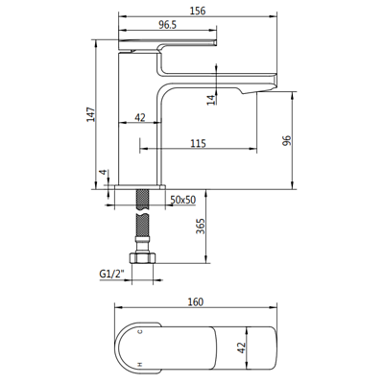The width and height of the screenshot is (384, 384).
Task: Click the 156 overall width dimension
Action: [198, 11]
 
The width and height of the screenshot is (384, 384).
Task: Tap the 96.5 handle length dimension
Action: [168, 25]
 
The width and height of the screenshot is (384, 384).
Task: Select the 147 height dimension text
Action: [91, 114]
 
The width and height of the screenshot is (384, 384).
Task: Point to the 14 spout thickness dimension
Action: [211, 100]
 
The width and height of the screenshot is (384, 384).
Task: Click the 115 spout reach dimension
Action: [198, 143]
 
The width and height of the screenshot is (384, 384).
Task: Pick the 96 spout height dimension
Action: [287, 141]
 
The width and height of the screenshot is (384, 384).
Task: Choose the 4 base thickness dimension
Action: [103, 172]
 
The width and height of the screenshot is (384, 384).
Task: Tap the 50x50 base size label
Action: [182, 200]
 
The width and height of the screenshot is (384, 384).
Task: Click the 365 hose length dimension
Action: [201, 227]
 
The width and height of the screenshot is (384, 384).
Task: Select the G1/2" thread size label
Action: [111, 275]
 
